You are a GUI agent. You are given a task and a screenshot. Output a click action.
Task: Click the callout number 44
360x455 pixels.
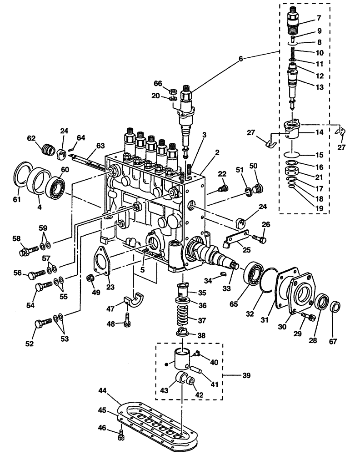(x=103, y=391)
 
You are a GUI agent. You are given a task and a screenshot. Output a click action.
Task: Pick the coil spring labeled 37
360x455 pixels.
(x=186, y=317)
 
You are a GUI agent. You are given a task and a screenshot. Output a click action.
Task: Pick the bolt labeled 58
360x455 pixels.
(x=28, y=251)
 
